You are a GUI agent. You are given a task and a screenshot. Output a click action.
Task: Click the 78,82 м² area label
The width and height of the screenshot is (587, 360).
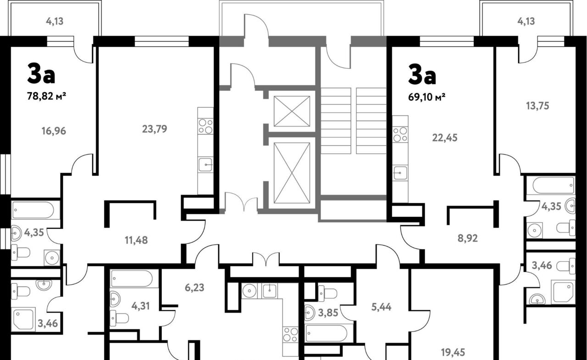click(x=46, y=96)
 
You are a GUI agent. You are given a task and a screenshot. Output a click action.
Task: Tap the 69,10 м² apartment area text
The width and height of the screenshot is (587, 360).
click(x=427, y=97)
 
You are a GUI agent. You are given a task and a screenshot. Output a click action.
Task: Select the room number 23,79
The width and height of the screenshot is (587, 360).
click(x=155, y=129)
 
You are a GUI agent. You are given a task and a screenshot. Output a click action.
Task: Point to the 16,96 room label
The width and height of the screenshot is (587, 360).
click(x=54, y=131)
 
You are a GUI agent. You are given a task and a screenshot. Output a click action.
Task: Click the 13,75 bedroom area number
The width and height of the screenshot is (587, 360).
click(x=537, y=106)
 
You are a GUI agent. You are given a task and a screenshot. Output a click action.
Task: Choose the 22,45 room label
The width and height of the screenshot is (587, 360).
click(x=445, y=138)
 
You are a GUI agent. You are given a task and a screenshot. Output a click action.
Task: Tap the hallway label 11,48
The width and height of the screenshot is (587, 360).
click(x=136, y=240)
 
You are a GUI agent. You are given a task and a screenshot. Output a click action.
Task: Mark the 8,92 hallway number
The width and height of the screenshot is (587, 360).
click(x=468, y=238)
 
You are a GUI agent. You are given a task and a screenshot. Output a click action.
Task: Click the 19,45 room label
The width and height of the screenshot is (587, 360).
click(x=453, y=352)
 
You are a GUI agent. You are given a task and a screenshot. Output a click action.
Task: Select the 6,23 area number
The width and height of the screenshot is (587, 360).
click(x=194, y=288)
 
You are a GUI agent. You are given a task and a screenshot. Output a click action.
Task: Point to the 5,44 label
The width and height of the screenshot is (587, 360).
click(x=381, y=307)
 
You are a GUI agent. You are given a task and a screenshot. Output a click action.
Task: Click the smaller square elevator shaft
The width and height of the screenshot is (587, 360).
click(x=292, y=111)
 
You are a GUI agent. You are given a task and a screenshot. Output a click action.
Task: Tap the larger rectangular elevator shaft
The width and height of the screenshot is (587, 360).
click(x=292, y=173)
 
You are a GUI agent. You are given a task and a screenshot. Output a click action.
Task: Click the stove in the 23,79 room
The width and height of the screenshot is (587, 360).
click(x=205, y=127)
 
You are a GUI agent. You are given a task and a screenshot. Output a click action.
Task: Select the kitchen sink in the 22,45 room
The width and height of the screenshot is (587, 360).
click(x=400, y=172)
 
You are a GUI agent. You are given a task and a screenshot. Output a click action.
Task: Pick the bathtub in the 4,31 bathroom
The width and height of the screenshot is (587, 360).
click(x=132, y=278)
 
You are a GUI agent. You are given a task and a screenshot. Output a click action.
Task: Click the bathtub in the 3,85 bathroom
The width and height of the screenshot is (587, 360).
click(x=327, y=333)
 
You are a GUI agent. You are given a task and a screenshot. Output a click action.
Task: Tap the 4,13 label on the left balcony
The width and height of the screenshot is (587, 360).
click(x=55, y=21)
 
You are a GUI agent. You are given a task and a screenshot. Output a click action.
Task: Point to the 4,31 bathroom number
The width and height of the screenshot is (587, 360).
click(x=140, y=306)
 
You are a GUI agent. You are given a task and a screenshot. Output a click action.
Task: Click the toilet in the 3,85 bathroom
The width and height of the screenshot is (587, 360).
click(x=327, y=293)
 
